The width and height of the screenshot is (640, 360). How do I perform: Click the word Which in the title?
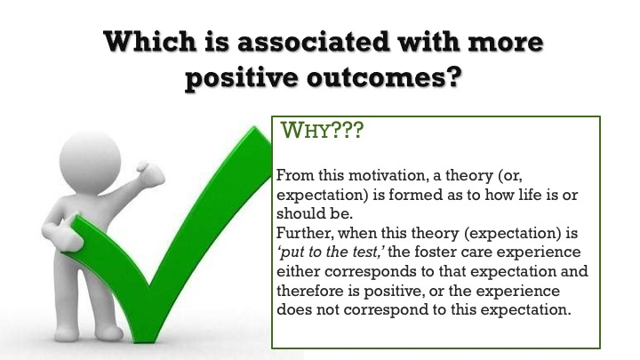[150, 42]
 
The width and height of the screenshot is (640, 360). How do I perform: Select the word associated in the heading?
[313, 42]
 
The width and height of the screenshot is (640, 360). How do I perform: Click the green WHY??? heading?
[322, 131]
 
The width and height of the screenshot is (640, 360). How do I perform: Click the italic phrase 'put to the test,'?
[331, 252]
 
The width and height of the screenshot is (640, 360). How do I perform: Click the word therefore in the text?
[310, 291]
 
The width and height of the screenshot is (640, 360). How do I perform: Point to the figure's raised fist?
[150, 173]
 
